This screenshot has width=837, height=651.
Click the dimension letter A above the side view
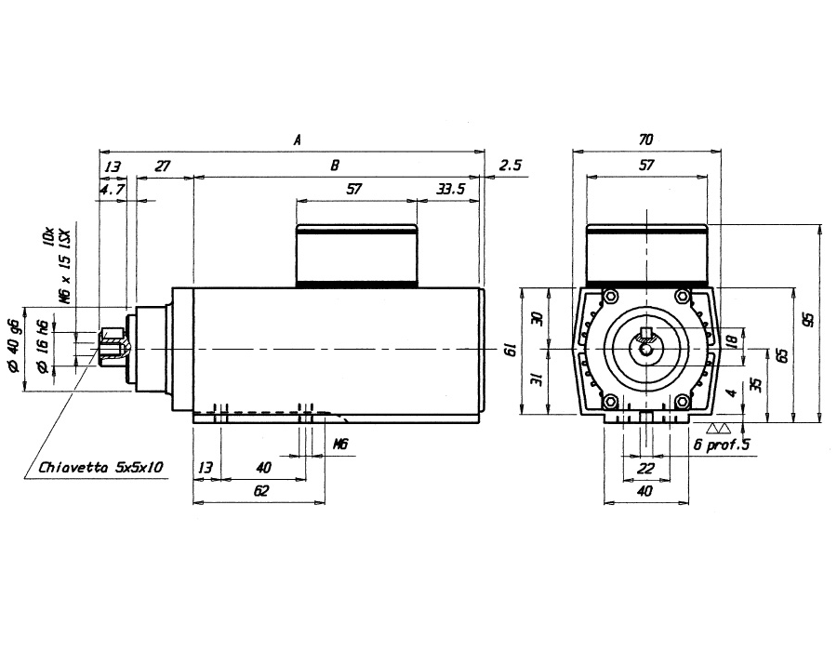click(298, 139)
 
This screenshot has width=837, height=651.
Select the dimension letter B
click(335, 165)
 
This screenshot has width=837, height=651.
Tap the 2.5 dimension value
click(511, 165)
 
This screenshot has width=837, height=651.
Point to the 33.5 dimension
click(451, 189)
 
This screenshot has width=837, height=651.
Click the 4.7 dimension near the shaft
click(113, 189)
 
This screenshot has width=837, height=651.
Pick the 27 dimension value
click(162, 166)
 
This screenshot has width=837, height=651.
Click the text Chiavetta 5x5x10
click(100, 468)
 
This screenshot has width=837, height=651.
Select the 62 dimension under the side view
click(261, 490)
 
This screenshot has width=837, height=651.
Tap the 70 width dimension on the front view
click(646, 139)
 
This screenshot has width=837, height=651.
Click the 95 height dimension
click(810, 319)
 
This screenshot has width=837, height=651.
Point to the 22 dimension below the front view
click(646, 468)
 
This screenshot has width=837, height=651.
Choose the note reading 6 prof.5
click(722, 444)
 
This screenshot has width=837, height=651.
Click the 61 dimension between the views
click(511, 350)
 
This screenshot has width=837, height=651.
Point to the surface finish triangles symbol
click(719, 429)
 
